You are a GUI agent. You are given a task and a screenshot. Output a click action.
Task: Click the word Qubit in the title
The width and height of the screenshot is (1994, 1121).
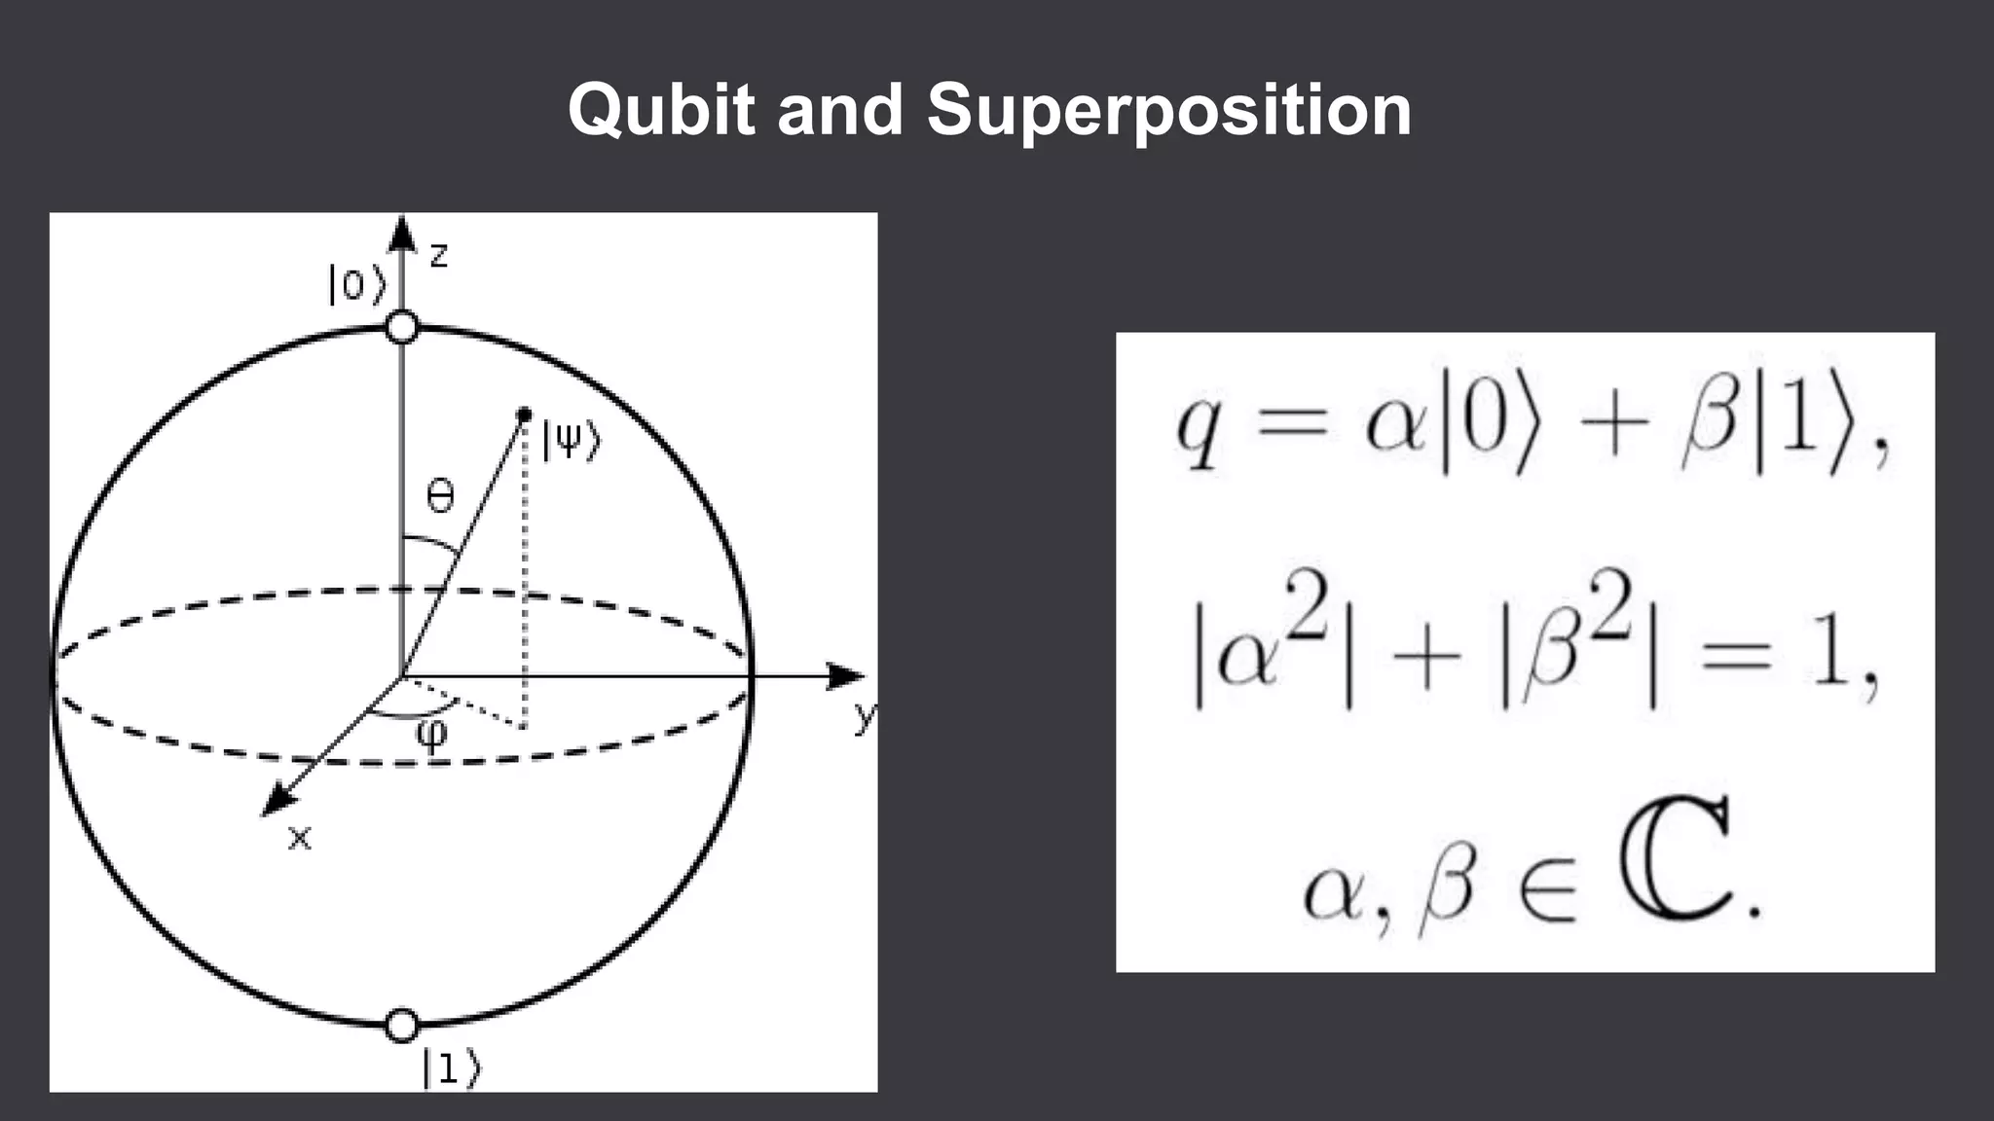pos(662,110)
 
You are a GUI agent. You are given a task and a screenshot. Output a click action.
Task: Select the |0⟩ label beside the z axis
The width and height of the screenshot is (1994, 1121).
pos(356,284)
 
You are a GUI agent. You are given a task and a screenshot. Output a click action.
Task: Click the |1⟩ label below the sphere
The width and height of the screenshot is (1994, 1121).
pos(451,1067)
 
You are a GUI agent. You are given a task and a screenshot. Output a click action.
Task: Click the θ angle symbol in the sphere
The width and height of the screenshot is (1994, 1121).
pos(440,498)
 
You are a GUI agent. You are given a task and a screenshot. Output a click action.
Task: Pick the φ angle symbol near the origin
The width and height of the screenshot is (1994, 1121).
pos(431,733)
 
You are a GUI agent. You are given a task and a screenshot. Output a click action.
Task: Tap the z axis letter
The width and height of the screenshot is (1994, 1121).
pos(439,256)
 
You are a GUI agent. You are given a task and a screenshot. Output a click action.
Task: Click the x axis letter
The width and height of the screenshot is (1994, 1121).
pos(300,838)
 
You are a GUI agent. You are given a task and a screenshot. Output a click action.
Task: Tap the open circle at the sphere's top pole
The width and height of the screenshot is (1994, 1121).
pos(402,327)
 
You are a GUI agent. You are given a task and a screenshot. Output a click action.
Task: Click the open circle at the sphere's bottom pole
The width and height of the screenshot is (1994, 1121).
pos(402,1025)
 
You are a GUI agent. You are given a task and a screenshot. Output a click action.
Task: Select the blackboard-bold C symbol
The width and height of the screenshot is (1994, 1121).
pos(1676,860)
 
